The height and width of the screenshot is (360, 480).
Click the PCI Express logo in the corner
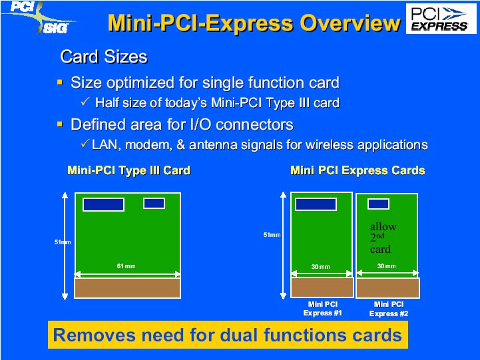(441, 19)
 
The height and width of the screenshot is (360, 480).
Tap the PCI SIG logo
(38, 17)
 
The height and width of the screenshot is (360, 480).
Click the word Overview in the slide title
(350, 23)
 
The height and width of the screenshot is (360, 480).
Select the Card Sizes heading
(104, 57)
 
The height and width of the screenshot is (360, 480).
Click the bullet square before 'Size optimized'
(60, 83)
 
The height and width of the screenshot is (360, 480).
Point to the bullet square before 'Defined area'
(60, 124)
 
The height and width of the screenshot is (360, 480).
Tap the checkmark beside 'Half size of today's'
(85, 102)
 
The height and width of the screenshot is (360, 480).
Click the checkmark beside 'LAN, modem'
(85, 143)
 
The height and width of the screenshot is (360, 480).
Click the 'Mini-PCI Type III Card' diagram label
(129, 170)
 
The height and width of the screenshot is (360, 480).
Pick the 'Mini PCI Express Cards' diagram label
(358, 170)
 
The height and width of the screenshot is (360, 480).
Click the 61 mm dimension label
(126, 266)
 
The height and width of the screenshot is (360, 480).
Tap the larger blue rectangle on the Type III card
(103, 205)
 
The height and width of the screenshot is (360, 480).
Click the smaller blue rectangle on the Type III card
(154, 204)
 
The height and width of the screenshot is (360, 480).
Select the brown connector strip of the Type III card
(127, 288)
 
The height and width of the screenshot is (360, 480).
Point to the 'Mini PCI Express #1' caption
(323, 309)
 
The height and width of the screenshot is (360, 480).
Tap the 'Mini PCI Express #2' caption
(389, 309)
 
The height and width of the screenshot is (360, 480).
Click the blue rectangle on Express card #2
(378, 204)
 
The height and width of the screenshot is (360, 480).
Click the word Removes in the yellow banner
(95, 335)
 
